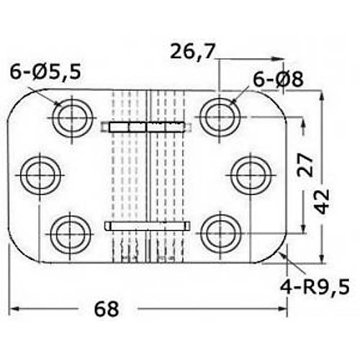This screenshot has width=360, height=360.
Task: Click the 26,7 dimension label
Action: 192,52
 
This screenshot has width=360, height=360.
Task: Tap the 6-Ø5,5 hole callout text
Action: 45,72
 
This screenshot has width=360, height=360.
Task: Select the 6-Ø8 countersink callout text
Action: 278,79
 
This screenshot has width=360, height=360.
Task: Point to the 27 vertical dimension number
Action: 305,166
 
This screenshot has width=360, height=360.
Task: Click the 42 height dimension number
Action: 322,202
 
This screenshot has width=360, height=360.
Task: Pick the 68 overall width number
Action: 107,309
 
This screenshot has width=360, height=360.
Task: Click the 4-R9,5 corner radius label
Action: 315,287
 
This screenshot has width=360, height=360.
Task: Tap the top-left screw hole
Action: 72,118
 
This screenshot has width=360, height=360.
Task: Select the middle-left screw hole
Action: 40,175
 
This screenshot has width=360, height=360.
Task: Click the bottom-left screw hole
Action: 71,234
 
